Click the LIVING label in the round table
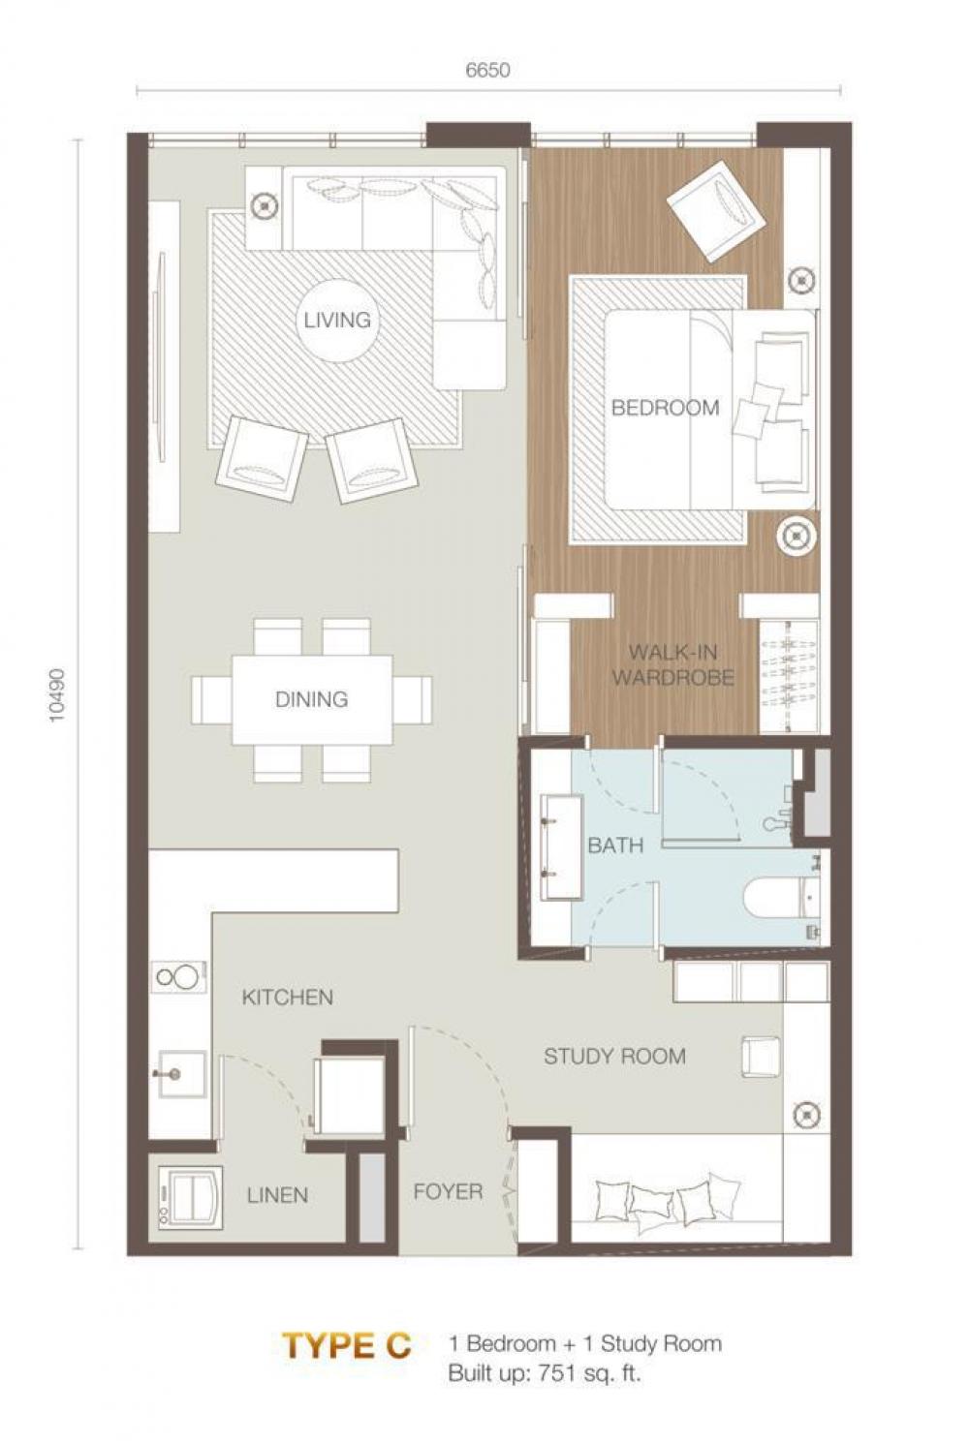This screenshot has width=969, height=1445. tap(337, 320)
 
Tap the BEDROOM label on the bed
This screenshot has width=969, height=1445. tap(665, 408)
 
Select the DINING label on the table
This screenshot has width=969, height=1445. tap(311, 699)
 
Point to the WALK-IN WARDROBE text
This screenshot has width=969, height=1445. tap(672, 664)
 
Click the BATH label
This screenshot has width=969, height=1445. tap(615, 845)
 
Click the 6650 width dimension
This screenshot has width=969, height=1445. tap(488, 70)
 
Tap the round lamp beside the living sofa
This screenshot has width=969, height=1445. tap(264, 205)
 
